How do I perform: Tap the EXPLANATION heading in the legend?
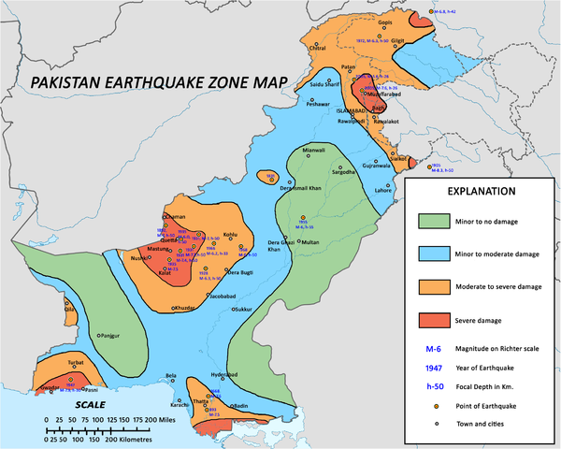pos(475,191)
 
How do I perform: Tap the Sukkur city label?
pos(243,308)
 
